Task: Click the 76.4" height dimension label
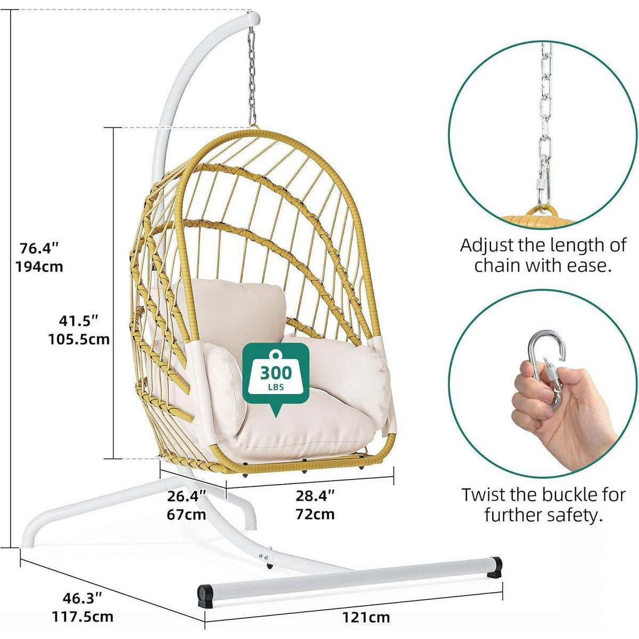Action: (x=39, y=248)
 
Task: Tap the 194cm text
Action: (x=39, y=266)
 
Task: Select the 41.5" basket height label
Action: (x=79, y=321)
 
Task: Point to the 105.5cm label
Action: (x=79, y=339)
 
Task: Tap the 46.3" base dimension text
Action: (x=82, y=589)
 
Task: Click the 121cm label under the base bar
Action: (x=366, y=608)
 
